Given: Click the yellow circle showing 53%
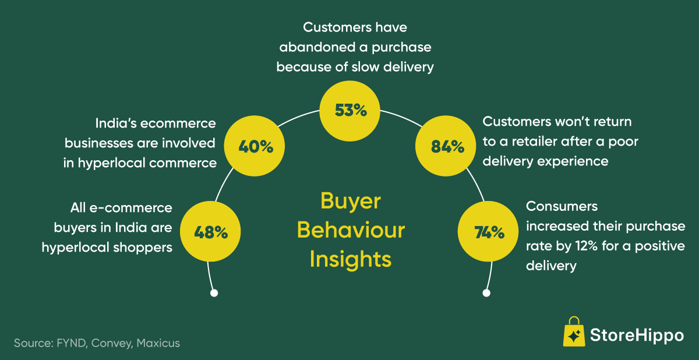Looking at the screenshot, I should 351,110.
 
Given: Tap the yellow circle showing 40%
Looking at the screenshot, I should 256,147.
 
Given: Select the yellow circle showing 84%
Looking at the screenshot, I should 447,147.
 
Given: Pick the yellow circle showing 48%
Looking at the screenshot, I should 210,232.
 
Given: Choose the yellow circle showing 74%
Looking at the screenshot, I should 489,232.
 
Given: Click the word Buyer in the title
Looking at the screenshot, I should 351,202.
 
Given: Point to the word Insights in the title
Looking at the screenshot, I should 351,259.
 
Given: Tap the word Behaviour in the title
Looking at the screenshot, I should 351,230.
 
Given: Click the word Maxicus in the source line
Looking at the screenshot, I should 158,343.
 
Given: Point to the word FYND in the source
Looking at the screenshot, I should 72,343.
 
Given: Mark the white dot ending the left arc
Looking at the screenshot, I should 214,292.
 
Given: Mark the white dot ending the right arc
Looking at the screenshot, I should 486,292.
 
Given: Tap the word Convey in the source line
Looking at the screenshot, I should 112,343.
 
